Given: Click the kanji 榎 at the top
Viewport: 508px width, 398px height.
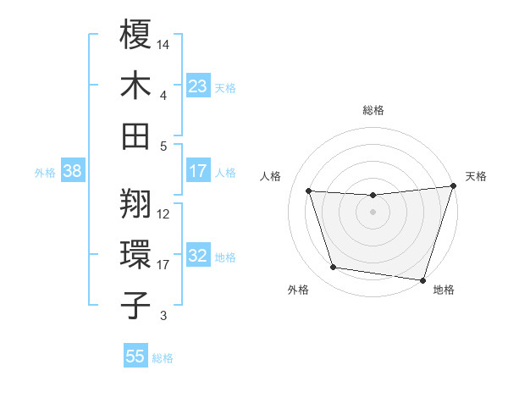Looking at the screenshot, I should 135,36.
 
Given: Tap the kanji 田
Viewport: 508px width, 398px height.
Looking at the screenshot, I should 135,135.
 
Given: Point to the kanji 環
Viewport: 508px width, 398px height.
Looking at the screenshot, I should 135,255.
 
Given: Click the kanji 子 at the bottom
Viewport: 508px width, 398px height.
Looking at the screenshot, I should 135,305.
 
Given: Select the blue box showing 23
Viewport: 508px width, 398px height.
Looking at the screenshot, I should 197,86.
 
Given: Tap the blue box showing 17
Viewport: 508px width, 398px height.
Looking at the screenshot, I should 197,171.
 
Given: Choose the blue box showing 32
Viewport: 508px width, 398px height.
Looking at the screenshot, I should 197,256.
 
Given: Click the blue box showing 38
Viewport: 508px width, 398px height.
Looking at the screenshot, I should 72,171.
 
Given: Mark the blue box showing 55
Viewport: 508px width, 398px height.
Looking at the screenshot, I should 135,357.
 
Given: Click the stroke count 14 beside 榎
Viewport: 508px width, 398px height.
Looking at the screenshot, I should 164,43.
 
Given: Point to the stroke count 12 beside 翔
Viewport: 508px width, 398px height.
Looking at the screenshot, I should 164,214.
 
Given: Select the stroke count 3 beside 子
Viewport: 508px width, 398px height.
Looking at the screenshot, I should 164,316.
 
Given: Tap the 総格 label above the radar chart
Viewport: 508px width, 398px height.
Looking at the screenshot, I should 373,110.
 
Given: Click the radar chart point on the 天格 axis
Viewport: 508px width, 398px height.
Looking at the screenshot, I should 453,186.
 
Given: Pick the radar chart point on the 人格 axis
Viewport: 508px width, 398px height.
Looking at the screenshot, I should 309,191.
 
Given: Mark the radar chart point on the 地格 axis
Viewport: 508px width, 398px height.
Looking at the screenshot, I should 422,279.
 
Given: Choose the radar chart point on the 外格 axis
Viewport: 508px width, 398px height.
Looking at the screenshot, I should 333,268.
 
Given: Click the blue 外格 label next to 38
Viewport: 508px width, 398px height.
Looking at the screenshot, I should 45,173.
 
